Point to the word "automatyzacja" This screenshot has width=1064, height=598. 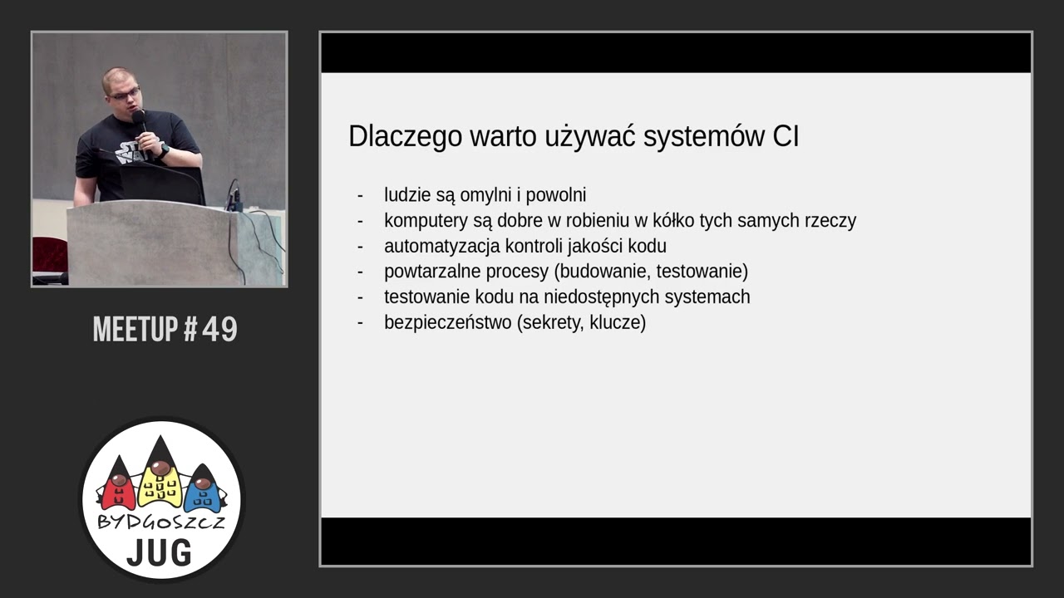[442, 246]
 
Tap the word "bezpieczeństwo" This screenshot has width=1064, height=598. [447, 322]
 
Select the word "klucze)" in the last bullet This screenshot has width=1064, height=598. [618, 322]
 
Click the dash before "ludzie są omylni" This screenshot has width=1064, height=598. [360, 195]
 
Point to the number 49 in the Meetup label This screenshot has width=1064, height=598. [219, 330]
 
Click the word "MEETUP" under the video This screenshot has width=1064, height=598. [135, 330]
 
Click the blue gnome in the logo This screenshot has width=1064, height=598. [202, 489]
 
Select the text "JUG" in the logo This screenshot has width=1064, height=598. [159, 552]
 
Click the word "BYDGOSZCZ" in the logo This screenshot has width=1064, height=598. [160, 522]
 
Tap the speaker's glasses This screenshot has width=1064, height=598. [125, 95]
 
